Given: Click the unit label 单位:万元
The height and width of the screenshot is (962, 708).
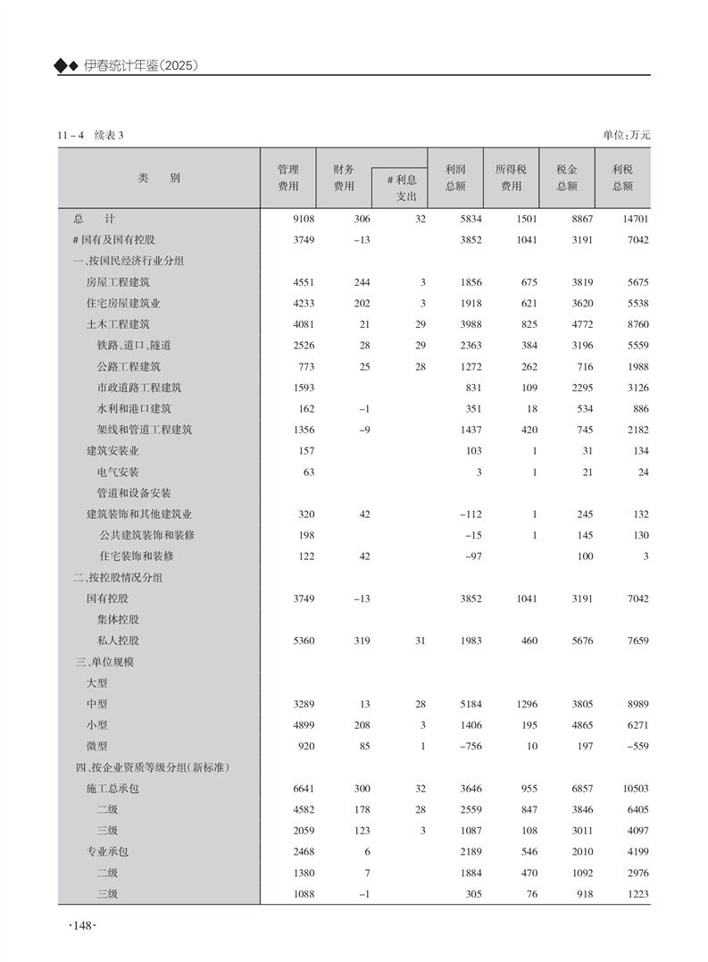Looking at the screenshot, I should (627, 135).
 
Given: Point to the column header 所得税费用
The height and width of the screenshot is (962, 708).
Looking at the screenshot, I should (511, 177).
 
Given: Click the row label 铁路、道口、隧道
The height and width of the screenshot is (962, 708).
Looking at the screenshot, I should (134, 345).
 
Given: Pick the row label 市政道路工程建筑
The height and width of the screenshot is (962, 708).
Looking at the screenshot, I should (139, 388).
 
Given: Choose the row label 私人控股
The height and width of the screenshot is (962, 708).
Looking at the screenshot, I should (118, 640).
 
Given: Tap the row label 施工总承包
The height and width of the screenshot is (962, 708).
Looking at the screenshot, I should (112, 789).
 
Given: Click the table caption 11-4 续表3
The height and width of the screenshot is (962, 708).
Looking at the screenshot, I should (89, 135).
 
